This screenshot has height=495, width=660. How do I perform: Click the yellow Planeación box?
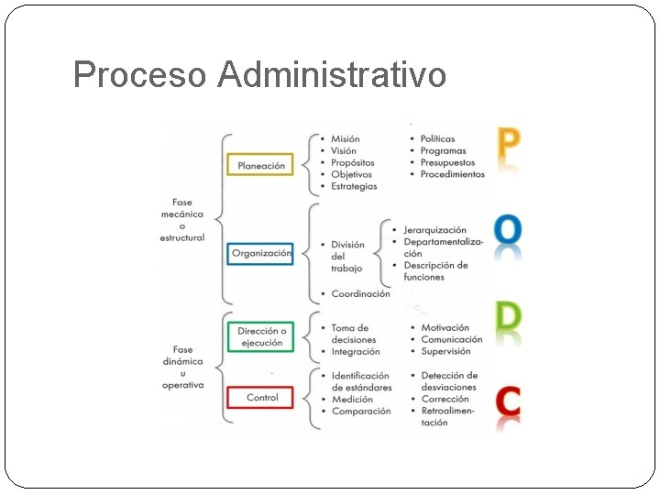point(260,165)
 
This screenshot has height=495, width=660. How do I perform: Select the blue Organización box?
point(260,253)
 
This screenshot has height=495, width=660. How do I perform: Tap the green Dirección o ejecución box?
point(261,336)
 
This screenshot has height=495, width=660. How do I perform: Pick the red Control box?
point(261,398)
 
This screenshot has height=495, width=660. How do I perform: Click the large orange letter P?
point(508,145)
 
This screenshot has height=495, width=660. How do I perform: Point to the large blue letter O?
point(508,229)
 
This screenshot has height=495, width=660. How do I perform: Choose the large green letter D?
point(508,316)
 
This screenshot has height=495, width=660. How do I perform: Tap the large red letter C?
point(508,401)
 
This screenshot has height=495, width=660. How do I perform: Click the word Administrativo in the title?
point(332,74)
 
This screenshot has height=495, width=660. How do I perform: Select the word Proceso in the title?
point(140,74)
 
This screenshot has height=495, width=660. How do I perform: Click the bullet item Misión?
point(346,139)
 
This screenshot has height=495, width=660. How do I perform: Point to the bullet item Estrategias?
point(354,186)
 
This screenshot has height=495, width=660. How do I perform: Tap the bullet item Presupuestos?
point(448,162)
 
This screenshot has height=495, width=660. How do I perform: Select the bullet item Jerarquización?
point(434,229)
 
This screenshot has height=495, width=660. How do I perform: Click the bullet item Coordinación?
point(360,293)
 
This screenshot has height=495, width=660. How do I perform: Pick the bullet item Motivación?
point(445,327)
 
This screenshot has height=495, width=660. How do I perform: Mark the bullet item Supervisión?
point(445,351)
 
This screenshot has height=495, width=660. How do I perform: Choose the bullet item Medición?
point(352,399)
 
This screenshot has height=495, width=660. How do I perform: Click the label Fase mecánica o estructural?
point(182,220)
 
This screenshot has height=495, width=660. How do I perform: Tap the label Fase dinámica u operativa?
point(182,367)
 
